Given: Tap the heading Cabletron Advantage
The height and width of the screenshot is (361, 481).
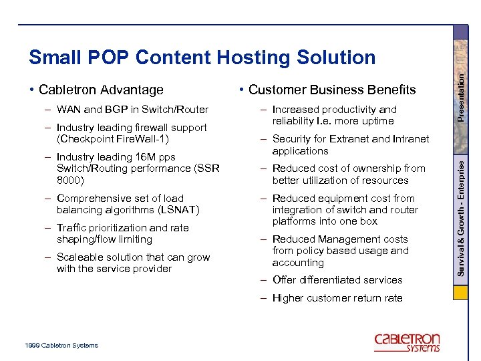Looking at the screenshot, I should (x=101, y=90).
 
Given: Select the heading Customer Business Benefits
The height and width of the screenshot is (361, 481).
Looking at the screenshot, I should (x=332, y=90).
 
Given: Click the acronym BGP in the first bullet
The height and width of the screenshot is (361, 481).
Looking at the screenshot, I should (x=114, y=110).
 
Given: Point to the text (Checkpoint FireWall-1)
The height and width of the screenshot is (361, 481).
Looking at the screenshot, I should (x=113, y=139).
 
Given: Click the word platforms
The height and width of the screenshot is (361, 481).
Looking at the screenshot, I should (x=294, y=221).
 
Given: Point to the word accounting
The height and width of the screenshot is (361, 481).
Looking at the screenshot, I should (x=298, y=262).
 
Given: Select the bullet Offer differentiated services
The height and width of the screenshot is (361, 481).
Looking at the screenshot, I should (x=337, y=280).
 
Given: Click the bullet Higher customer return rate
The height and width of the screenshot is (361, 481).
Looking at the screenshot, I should (x=337, y=298).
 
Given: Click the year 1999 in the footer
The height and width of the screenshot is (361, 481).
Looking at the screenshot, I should (x=31, y=346).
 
